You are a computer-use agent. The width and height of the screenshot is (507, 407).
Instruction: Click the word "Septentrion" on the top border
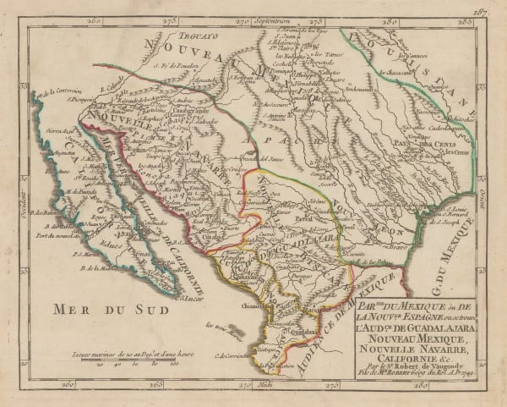pos(258,18)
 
